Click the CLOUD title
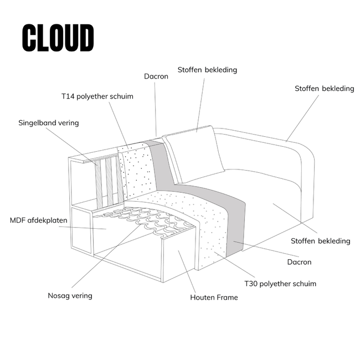[x=58, y=38]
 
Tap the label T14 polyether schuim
[x=97, y=96]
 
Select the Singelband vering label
[x=49, y=123]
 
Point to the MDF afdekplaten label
[x=39, y=220]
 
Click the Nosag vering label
[x=70, y=295]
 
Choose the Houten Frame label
[x=214, y=297]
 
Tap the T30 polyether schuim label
[x=280, y=284]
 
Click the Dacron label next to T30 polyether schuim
[x=299, y=262]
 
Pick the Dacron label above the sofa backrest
[x=156, y=76]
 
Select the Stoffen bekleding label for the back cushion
[x=207, y=70]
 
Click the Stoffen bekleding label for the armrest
[x=324, y=88]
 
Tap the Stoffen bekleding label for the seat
[x=321, y=241]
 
